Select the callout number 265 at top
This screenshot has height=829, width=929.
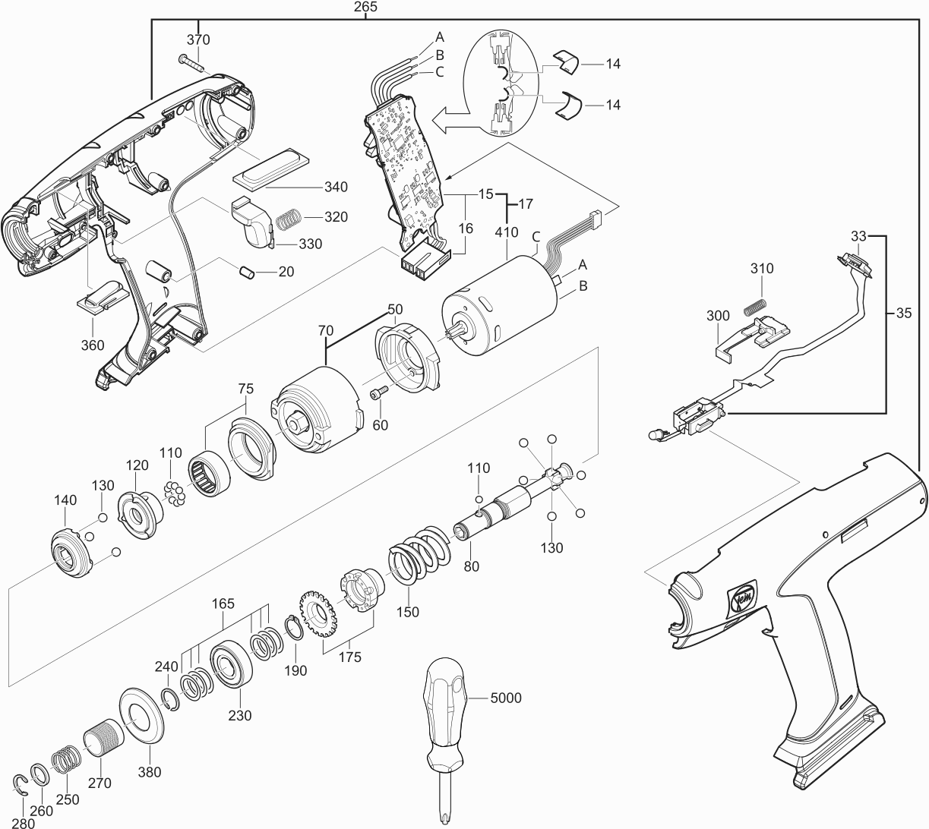tap(365, 7)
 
